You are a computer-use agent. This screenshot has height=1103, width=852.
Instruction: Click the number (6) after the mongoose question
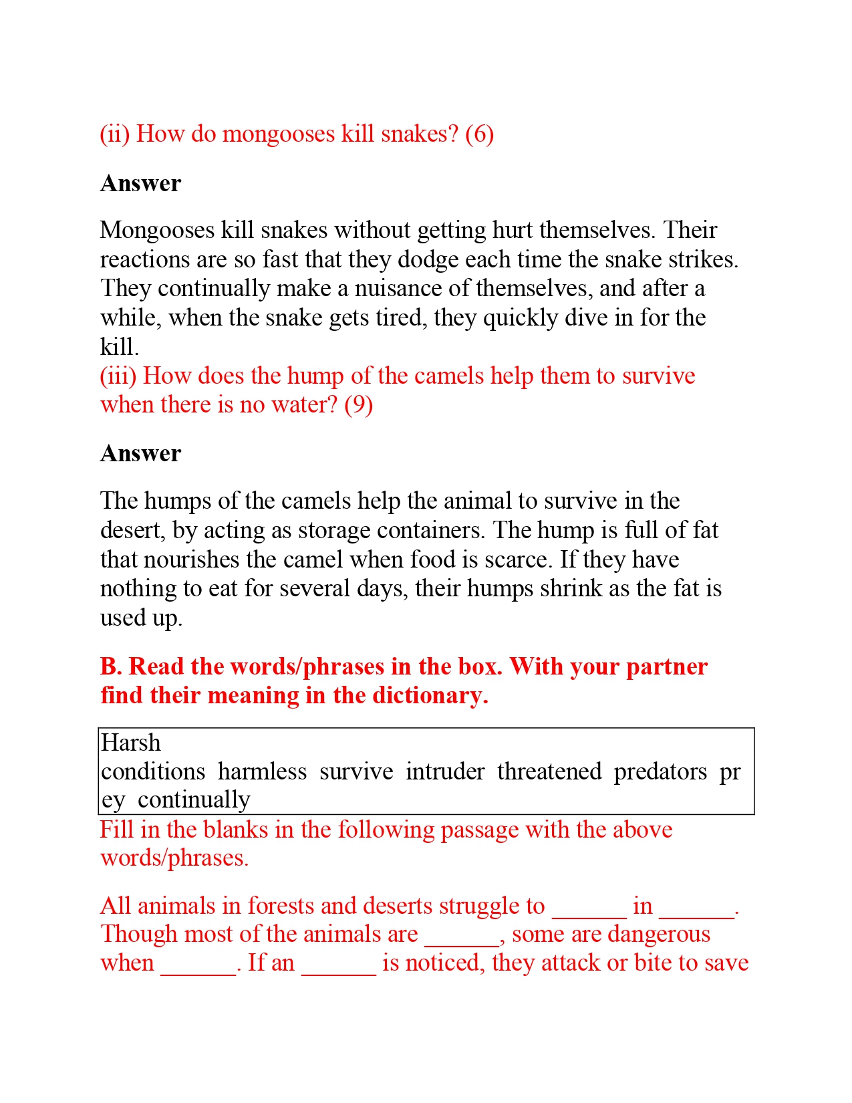[479, 134]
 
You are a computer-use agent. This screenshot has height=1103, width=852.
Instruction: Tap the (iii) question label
[118, 376]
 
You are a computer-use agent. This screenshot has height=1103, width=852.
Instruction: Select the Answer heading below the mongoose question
[140, 184]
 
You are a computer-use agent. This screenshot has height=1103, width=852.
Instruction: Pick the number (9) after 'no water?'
[358, 405]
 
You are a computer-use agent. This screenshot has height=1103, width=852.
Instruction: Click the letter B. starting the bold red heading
[111, 667]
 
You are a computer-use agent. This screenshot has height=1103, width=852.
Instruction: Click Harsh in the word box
[131, 743]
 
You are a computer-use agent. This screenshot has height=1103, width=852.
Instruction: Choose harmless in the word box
[262, 772]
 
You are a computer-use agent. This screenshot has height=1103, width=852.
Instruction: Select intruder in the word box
[445, 772]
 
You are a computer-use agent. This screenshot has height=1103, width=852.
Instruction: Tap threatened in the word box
[549, 772]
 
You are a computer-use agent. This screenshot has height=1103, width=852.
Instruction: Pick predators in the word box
[660, 772]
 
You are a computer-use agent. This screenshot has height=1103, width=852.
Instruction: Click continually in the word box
[194, 800]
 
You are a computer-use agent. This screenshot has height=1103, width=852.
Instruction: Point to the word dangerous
[660, 935]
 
